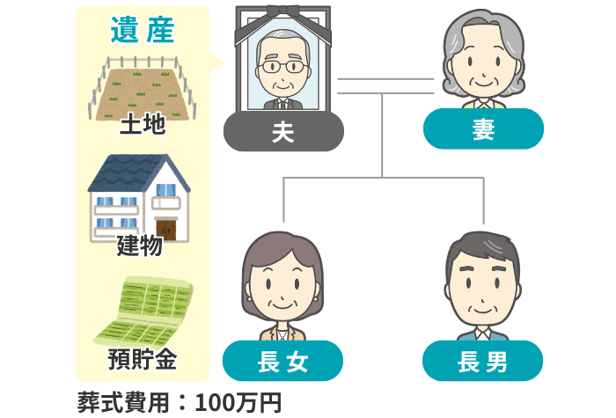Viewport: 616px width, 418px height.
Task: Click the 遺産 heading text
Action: (143, 30)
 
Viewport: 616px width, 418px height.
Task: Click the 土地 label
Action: (143, 124)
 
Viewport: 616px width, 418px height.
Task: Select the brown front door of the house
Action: (166, 231)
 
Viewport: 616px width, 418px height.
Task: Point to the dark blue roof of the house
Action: (129, 172)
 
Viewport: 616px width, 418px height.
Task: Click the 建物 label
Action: (140, 246)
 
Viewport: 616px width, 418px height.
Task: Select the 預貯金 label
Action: (143, 359)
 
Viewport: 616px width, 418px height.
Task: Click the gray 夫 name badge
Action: (283, 131)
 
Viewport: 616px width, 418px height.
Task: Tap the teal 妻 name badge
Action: (483, 128)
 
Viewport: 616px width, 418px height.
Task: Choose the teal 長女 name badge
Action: (282, 361)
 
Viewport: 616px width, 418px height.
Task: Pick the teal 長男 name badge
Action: (483, 361)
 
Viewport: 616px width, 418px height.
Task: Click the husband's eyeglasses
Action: (282, 67)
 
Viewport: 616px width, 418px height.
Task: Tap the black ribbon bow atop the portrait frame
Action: (282, 11)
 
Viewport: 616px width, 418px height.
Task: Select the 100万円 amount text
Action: (238, 403)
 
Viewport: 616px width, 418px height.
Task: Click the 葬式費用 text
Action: (124, 403)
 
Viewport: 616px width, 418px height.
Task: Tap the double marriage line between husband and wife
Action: (385, 86)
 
